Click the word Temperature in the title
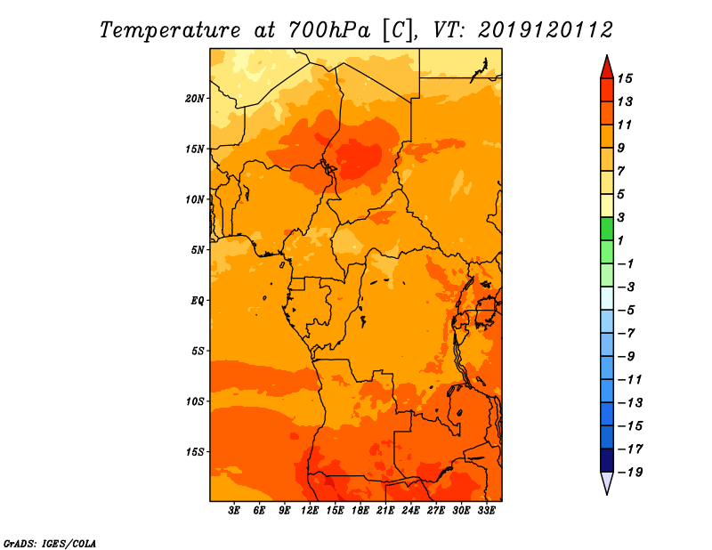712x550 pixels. tap(170, 30)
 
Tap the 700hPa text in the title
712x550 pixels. tap(329, 30)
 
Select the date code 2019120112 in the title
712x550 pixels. tap(546, 30)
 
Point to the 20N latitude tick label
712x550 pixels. tap(195, 99)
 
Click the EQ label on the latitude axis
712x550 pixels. tap(198, 301)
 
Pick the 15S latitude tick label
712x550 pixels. tap(195, 452)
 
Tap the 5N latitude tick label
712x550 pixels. tap(198, 250)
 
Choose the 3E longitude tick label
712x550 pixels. tap(234, 511)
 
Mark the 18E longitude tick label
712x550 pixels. tap(360, 511)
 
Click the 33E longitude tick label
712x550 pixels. tap(486, 511)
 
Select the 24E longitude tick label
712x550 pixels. tap(410, 511)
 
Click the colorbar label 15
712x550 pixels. tap(626, 78)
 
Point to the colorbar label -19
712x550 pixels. tap(630, 473)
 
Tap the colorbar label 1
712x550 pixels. tap(620, 240)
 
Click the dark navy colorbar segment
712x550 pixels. tap(607, 460)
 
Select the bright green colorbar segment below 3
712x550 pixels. tap(607, 229)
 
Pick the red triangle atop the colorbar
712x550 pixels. tap(607, 67)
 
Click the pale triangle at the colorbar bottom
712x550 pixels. tap(607, 483)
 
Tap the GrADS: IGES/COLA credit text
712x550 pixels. tap(50, 544)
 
